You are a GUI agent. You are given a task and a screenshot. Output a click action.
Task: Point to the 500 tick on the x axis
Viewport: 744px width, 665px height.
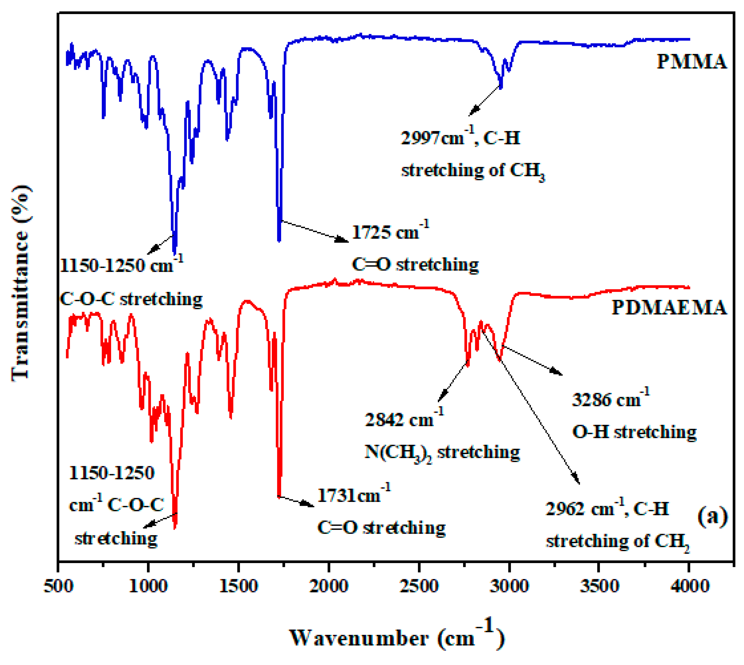point(59,586)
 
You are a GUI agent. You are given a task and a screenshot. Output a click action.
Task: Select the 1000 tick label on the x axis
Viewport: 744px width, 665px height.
point(149,586)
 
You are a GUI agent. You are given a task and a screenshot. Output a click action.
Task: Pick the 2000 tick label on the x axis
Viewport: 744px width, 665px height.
point(329,586)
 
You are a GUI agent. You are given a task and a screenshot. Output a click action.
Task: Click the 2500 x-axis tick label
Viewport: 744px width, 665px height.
point(419,586)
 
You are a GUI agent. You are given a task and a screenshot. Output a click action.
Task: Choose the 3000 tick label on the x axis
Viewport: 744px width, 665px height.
point(509,586)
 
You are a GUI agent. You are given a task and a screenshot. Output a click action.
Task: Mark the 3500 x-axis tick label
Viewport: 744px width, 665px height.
point(599,586)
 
